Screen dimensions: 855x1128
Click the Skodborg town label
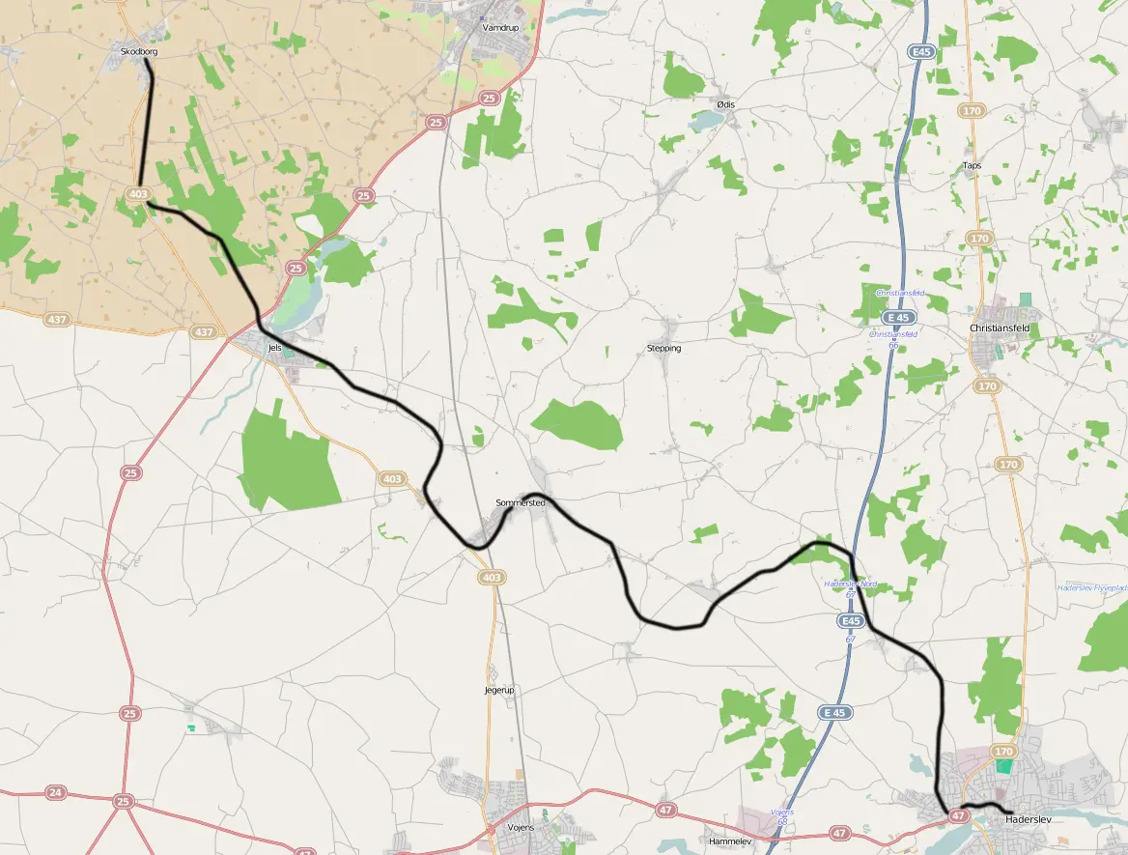tap(139, 50)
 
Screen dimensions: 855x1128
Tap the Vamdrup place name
tap(500, 28)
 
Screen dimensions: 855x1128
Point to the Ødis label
tap(725, 104)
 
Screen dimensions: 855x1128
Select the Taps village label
tap(972, 165)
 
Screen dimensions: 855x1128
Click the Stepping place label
tap(663, 348)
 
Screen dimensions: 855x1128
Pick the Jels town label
tap(274, 348)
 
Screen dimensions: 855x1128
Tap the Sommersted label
tap(520, 503)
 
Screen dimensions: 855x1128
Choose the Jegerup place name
tap(499, 690)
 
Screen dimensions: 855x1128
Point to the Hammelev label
tap(729, 841)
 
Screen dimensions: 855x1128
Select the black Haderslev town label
tap(1027, 819)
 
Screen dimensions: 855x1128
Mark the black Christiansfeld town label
tap(999, 328)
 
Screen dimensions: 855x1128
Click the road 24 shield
tap(55, 793)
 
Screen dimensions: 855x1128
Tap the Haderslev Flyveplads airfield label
tap(1091, 587)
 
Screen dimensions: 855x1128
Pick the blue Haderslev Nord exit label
tap(850, 584)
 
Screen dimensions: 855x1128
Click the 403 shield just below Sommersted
tap(491, 577)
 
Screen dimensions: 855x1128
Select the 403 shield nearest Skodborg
tap(138, 194)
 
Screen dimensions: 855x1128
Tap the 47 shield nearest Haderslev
tap(958, 815)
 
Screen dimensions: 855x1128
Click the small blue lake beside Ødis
tap(706, 120)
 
